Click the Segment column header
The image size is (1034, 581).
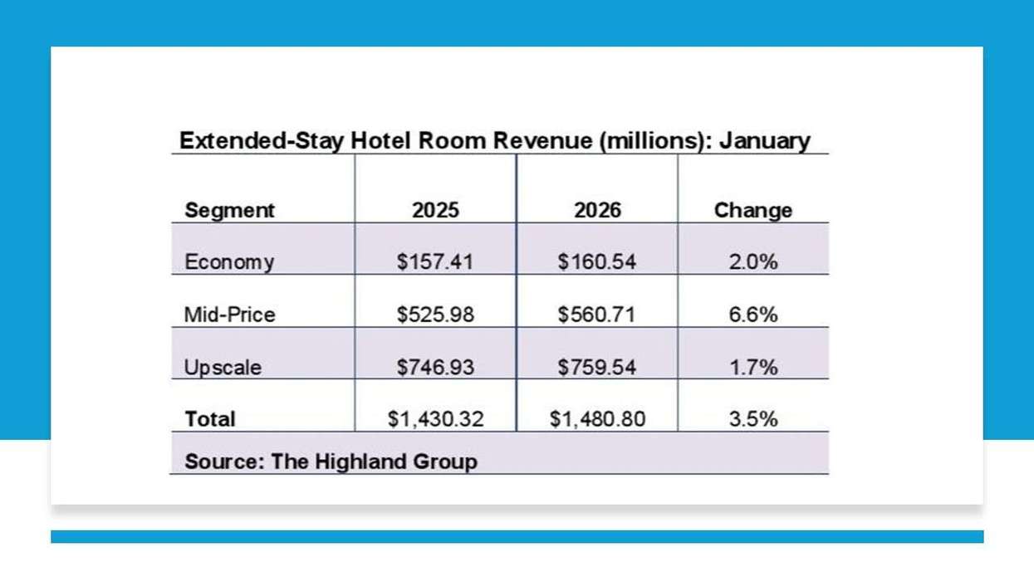pos(229,210)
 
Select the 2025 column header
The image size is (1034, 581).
pos(435,210)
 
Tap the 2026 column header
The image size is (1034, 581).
pos(597,210)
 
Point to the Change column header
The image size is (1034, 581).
pos(752,210)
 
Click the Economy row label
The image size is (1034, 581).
pos(229,262)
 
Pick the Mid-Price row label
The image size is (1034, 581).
pos(229,315)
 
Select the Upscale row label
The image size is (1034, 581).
pos(223,368)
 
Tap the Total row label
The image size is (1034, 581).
pos(210,419)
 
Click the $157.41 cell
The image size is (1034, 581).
pos(435,262)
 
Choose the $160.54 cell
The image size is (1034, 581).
pos(597,262)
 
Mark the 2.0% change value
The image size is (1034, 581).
pos(752,262)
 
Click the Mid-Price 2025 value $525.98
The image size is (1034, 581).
pos(435,315)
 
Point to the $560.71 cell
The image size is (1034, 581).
pos(597,315)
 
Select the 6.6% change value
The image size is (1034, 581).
pos(752,315)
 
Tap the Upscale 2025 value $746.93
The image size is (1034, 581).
pos(435,367)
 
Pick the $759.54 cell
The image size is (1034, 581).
pos(597,367)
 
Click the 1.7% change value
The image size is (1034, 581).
pos(752,367)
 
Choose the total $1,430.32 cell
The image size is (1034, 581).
pos(435,419)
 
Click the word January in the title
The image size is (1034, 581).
pos(764,140)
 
